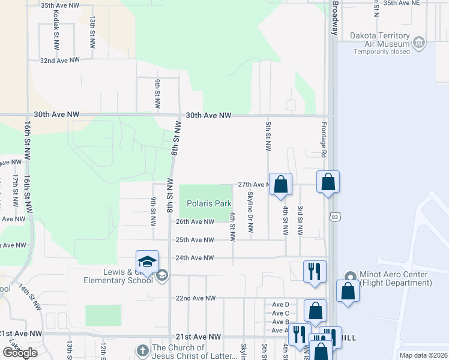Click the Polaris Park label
pyautogui.click(x=208, y=203)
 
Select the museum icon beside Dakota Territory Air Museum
pyautogui.click(x=419, y=43)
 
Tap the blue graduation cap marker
pyautogui.click(x=147, y=262)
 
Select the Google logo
pyautogui.click(x=20, y=353)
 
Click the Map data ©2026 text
pyautogui.click(x=423, y=355)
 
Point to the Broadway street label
pyautogui.click(x=336, y=18)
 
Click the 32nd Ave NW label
pyautogui.click(x=60, y=60)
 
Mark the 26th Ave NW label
pyautogui.click(x=194, y=221)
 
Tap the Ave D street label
pyautogui.click(x=280, y=305)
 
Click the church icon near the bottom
pyautogui.click(x=142, y=349)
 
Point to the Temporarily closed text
pyautogui.click(x=382, y=52)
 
